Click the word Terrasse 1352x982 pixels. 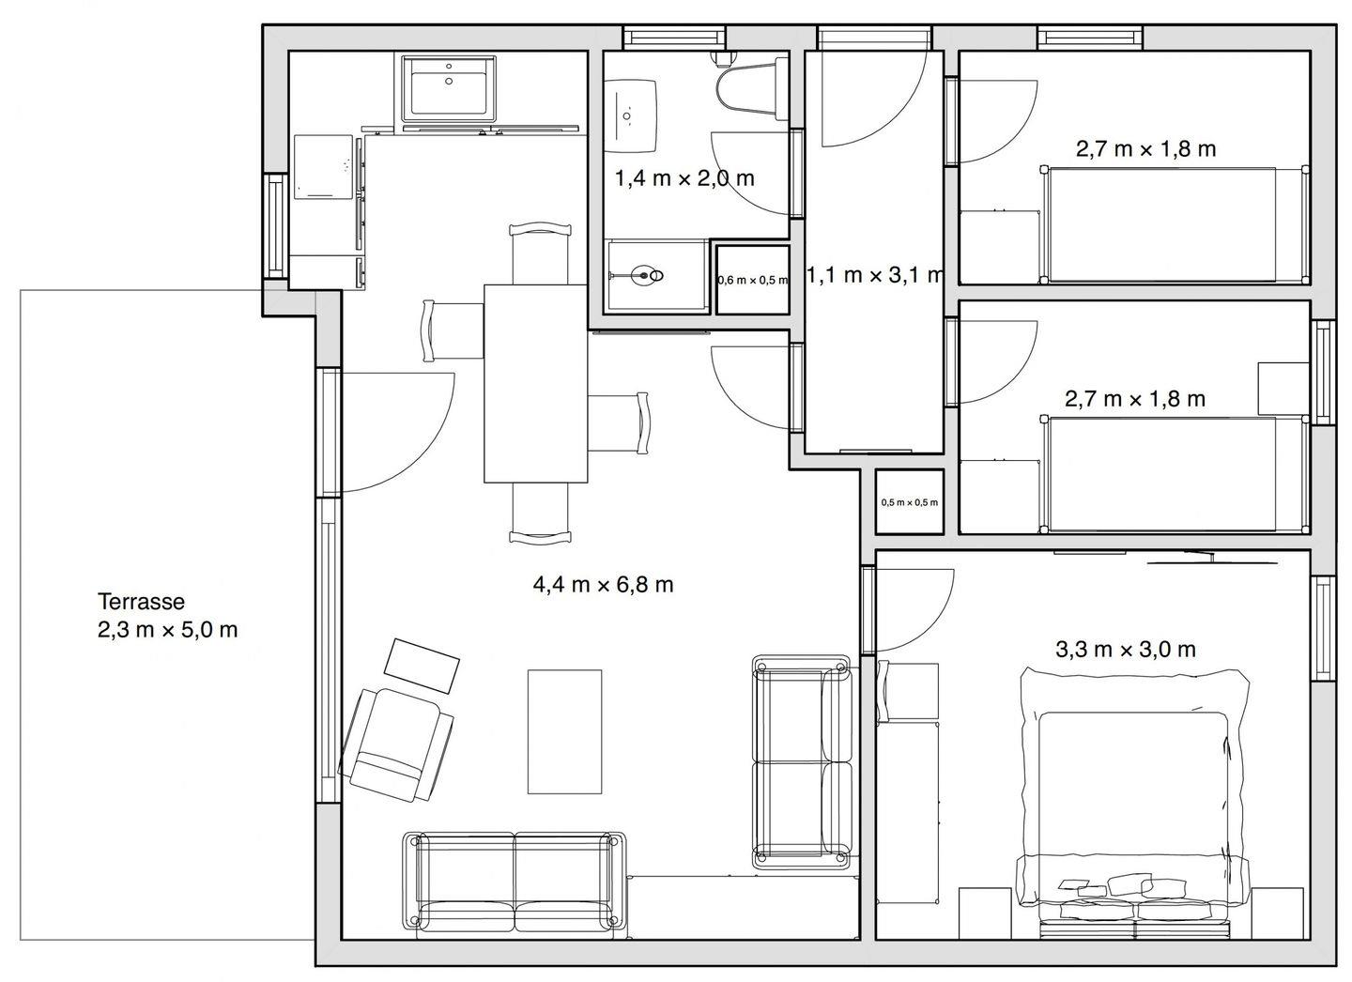(x=141, y=602)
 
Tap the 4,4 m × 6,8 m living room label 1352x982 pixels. (x=603, y=584)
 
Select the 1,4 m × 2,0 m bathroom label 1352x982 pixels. (x=684, y=178)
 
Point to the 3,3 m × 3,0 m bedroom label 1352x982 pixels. (x=1126, y=650)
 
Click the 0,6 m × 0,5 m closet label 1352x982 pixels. (x=753, y=280)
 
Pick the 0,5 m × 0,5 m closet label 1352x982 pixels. (x=910, y=502)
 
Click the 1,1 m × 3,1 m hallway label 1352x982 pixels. (x=875, y=275)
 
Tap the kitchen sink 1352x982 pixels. (x=449, y=89)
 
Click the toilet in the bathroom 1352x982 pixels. (x=752, y=84)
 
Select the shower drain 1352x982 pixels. (x=644, y=275)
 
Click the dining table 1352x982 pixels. (x=536, y=383)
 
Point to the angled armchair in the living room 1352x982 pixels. (x=396, y=744)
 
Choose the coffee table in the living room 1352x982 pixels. (x=565, y=731)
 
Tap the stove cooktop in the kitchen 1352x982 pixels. (x=323, y=167)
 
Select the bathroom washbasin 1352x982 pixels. (x=630, y=115)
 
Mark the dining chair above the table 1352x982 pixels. (x=540, y=253)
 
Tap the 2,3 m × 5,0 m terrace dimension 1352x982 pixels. (x=168, y=630)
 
